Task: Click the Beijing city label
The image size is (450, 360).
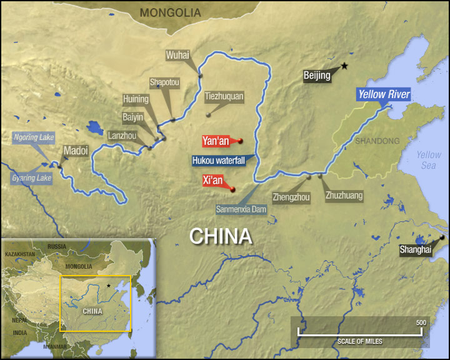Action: point(316,76)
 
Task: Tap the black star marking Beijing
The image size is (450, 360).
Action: point(344,66)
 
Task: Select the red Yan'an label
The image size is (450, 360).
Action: point(216,141)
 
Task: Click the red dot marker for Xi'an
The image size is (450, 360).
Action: point(232,189)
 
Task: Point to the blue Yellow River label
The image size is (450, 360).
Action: point(384,95)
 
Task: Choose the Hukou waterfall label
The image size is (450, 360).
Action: point(218,160)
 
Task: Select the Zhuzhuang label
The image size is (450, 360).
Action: point(344,196)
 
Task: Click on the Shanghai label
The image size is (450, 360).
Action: point(416,249)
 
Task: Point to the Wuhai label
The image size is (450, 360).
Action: point(177,55)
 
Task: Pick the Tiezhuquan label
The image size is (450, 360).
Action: point(224,97)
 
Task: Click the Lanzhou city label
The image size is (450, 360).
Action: point(121,134)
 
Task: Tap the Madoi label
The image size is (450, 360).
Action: point(76,151)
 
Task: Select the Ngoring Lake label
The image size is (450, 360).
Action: point(34,137)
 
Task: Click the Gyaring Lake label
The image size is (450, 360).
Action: point(31,178)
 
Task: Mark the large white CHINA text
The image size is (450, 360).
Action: point(221,236)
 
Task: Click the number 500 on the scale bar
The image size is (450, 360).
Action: point(421,322)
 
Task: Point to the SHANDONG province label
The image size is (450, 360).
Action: point(377,141)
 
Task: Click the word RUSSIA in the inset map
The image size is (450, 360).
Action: point(57,246)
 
